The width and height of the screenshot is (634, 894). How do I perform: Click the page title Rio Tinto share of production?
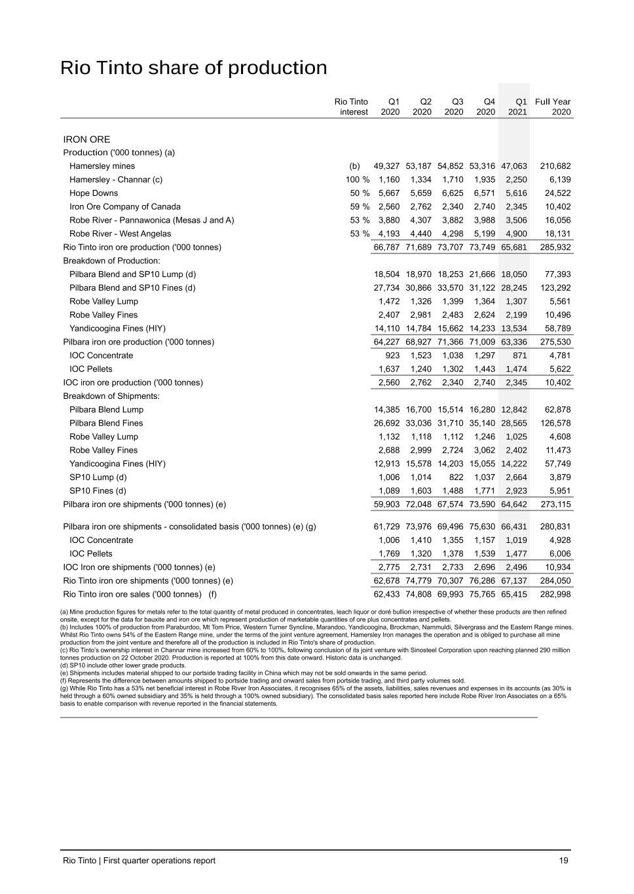click(x=193, y=68)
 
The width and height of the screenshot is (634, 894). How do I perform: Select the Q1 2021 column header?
click(x=517, y=107)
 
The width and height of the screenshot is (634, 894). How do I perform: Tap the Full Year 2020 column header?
click(x=553, y=107)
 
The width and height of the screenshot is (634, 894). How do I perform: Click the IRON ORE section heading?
click(x=86, y=140)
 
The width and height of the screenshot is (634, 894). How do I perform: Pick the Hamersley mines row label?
click(x=102, y=166)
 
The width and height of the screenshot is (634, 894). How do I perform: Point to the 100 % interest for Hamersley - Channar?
click(x=358, y=179)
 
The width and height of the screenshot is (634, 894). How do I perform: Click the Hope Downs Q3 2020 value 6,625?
click(x=451, y=193)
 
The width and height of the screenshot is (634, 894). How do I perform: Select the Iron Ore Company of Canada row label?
click(x=125, y=207)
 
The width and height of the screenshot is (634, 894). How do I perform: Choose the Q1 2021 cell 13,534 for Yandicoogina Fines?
click(x=514, y=329)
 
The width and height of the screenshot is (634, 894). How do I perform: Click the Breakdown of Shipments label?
click(x=111, y=396)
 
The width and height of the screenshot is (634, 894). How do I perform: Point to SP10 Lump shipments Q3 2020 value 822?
click(x=455, y=477)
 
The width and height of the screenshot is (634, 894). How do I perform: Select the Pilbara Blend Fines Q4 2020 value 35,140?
click(x=482, y=423)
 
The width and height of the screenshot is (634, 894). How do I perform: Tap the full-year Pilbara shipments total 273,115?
click(x=555, y=504)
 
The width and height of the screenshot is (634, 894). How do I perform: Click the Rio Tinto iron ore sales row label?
click(x=140, y=595)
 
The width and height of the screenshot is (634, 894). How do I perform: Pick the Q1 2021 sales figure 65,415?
click(x=514, y=595)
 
